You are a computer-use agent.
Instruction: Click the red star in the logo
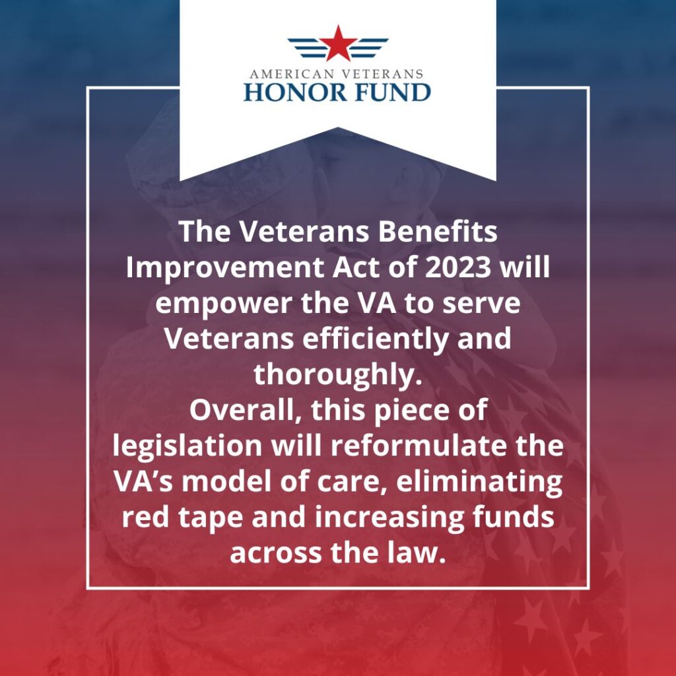point(338,44)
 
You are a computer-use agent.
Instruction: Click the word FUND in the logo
point(389,91)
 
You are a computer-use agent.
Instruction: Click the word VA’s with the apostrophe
point(147,482)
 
